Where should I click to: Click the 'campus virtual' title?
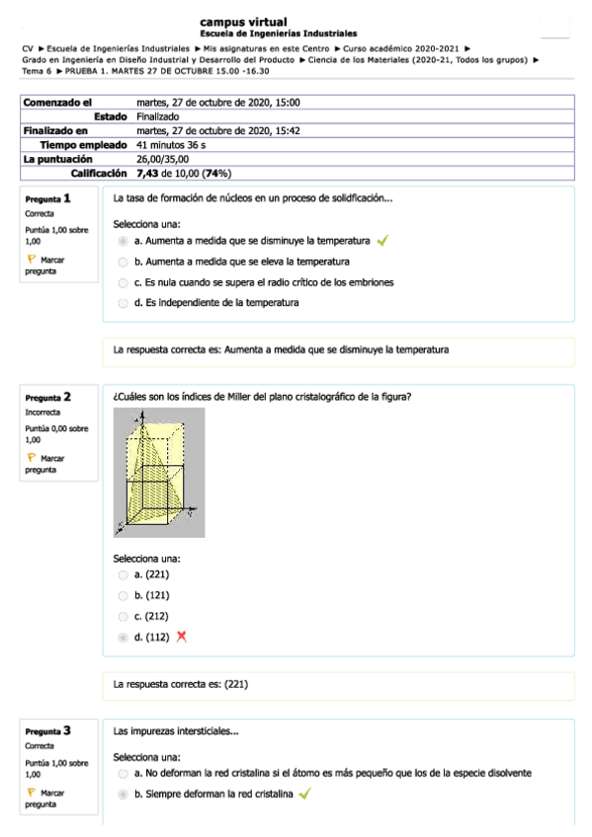(243, 21)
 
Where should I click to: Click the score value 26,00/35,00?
(163, 158)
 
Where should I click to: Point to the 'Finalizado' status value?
(158, 116)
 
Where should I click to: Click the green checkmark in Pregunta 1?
(382, 240)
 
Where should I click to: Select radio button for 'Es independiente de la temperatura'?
(123, 303)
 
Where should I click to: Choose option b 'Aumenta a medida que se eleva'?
(123, 263)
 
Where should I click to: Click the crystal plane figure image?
(159, 472)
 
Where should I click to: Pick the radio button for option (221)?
(123, 574)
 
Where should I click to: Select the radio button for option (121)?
(123, 595)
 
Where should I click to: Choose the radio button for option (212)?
(123, 616)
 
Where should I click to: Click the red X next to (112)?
(181, 637)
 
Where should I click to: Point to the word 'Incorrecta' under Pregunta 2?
(43, 412)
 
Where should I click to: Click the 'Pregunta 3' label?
(47, 731)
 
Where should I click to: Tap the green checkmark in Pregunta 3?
(304, 794)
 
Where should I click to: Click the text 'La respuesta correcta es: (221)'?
(181, 684)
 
